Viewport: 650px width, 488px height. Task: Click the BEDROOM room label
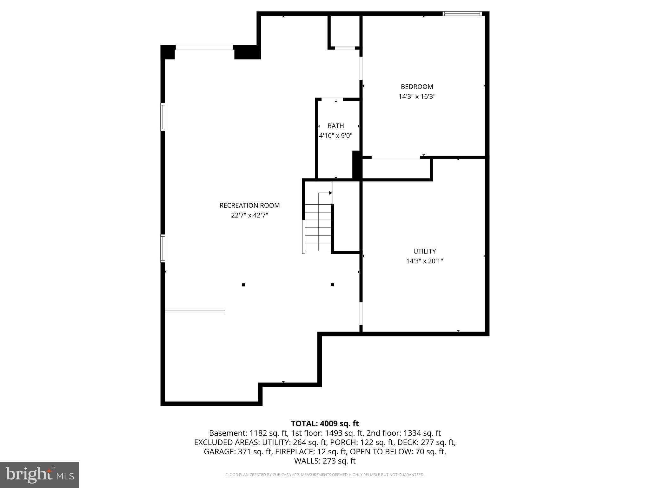click(417, 87)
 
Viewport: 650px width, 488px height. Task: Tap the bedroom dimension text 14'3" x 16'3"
click(417, 97)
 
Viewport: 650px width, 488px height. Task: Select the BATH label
click(335, 126)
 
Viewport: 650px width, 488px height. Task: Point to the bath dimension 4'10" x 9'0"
click(335, 136)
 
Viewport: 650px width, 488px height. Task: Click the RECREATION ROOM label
click(249, 206)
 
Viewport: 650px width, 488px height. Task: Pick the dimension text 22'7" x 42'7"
click(249, 215)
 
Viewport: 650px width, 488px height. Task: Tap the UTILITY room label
click(424, 251)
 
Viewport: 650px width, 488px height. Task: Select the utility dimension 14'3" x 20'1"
click(424, 261)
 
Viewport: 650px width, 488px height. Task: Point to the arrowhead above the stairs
click(330, 193)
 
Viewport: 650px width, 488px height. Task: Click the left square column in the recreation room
click(244, 285)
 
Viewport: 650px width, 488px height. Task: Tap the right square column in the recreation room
click(332, 285)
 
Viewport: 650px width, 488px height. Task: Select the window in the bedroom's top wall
click(462, 14)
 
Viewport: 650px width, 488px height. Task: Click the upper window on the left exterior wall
click(163, 117)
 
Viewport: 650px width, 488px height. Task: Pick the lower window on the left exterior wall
click(163, 248)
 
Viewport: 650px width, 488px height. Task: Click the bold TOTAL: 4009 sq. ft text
click(325, 424)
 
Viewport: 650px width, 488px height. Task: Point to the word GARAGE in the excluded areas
click(220, 452)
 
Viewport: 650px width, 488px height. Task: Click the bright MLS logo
click(40, 475)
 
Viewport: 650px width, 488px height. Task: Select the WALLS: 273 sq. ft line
click(325, 461)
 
